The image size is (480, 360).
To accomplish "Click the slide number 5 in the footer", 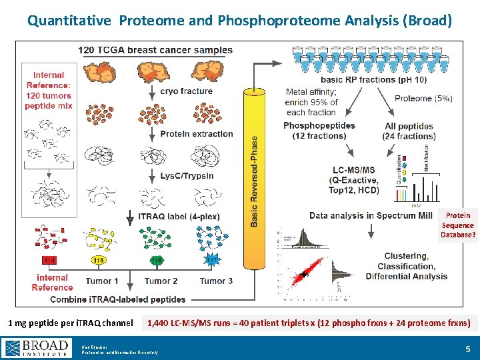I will pos(467,347).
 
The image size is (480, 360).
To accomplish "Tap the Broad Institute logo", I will pos(37,347).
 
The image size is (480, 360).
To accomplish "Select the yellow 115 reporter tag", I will pos(99,260).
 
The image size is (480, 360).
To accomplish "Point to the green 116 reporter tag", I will pos(157,260).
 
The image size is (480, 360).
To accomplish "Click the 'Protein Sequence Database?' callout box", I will pos(458,225).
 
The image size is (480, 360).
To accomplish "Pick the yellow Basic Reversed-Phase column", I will pos(254,173).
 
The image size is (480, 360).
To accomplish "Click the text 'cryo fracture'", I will pos(187,91).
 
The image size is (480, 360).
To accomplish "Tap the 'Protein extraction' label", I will pos(197,133).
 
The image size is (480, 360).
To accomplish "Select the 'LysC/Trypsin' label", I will pos(187,175).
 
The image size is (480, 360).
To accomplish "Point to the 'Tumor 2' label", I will pos(161,281).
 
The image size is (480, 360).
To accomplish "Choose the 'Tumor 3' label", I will pos(216,281).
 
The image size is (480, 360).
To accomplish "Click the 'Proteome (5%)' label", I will pos(423,98).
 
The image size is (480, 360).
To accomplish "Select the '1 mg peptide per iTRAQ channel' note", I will pos(70,323).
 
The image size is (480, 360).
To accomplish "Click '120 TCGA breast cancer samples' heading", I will pos(155,50).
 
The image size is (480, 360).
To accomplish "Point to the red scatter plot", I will pos(303,274).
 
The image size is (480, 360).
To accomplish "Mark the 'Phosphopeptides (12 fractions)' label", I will pos(319,131).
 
